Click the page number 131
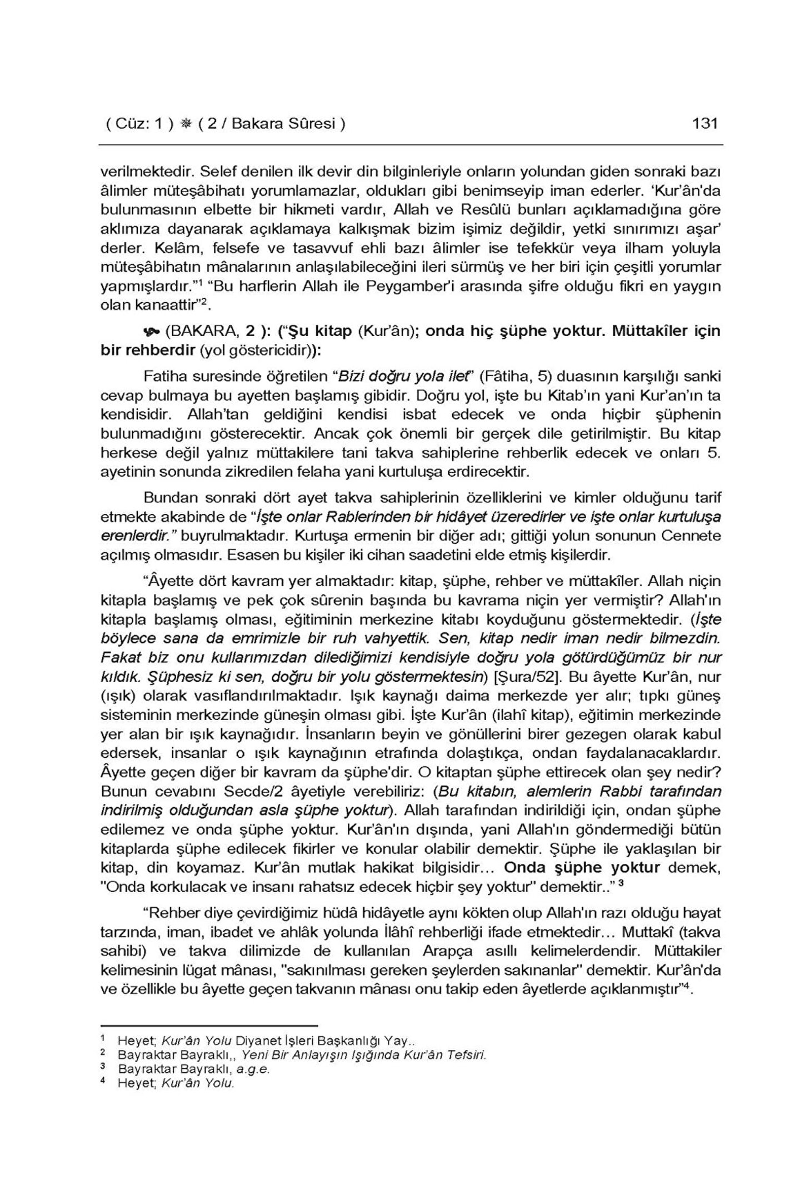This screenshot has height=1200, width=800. (706, 123)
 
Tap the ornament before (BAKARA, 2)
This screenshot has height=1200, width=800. (150, 332)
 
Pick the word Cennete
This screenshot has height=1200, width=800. (694, 536)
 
